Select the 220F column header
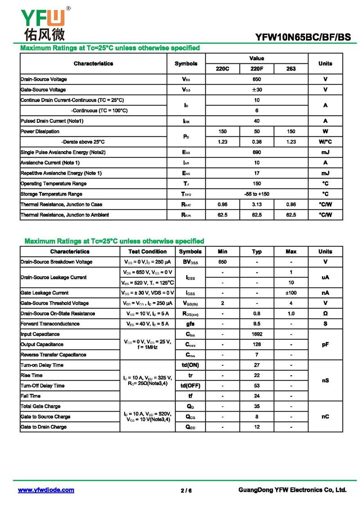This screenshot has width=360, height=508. (x=256, y=69)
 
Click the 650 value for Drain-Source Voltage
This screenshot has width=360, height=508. (x=256, y=79)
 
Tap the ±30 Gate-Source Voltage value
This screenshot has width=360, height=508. (x=256, y=89)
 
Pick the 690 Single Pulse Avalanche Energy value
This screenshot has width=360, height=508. (x=256, y=152)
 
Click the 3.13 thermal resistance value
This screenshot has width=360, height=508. (x=256, y=205)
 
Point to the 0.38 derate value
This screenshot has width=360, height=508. (x=256, y=142)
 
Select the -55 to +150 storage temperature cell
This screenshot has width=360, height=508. (x=256, y=194)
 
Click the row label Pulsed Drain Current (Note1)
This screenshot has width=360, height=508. (x=52, y=121)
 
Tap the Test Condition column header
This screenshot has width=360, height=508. (x=148, y=252)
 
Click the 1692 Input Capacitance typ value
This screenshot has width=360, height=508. (x=257, y=334)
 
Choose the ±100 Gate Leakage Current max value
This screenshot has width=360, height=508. (x=291, y=293)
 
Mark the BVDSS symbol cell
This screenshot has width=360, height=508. (x=190, y=262)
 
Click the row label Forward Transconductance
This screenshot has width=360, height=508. (x=50, y=324)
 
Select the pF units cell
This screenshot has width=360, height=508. (x=325, y=344)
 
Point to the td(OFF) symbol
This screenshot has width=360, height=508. (x=190, y=386)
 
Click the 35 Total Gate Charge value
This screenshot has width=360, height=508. (x=257, y=406)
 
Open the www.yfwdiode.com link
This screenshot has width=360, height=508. (x=46, y=490)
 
